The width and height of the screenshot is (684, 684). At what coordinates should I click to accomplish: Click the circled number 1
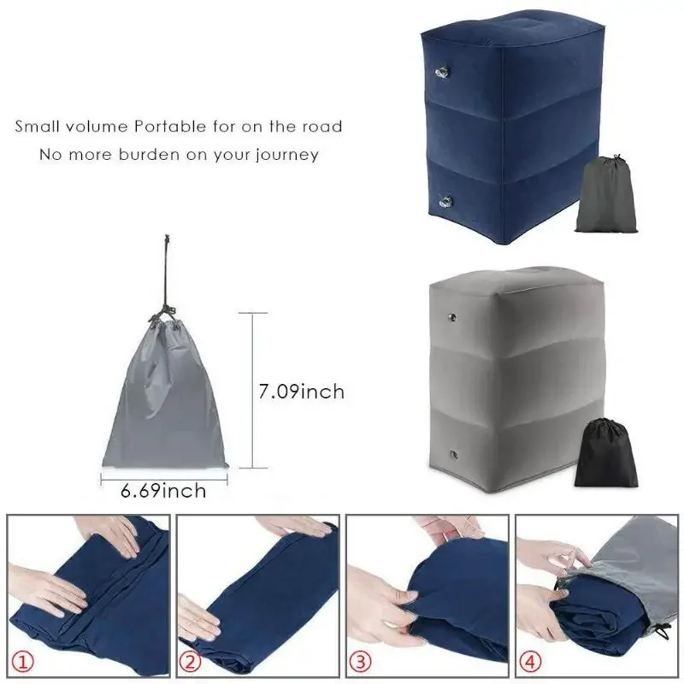23,662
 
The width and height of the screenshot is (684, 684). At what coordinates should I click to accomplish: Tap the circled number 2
191,662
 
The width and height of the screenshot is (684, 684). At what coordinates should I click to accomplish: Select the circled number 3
360,662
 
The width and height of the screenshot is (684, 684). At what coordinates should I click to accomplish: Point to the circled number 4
529,662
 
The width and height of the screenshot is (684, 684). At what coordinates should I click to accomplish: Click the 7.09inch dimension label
302,392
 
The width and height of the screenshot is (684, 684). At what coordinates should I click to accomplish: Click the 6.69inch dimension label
163,491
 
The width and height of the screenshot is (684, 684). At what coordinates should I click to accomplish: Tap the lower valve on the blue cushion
445,202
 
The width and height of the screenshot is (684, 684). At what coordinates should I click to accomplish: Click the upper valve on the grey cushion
453,316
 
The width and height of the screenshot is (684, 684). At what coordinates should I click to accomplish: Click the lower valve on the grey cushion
454,455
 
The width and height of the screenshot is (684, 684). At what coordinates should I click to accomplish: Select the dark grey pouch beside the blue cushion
606,195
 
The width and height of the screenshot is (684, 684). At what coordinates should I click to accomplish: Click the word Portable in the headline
170,127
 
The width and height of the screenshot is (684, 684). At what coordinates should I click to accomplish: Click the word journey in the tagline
287,156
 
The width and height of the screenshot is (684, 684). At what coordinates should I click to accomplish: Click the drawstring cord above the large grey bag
167,270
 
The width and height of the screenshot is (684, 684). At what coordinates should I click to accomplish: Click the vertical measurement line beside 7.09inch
253,391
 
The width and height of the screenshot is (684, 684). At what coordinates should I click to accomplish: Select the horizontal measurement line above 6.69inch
164,480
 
